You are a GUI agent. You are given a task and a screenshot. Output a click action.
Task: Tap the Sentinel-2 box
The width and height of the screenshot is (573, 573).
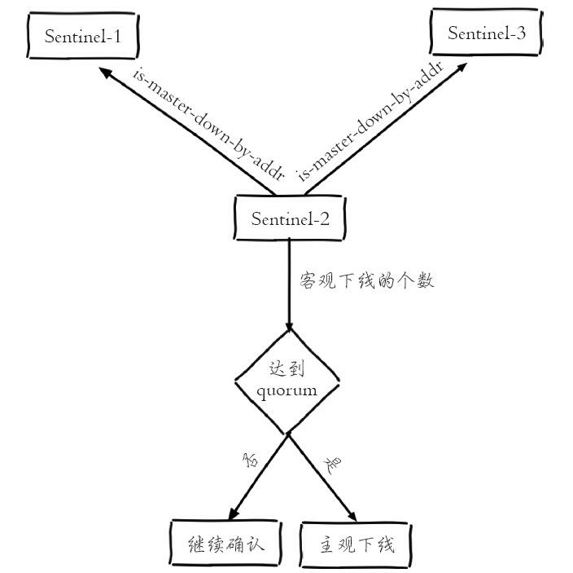pos(289,218)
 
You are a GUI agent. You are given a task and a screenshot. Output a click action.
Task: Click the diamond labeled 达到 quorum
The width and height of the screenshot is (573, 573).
pos(287,381)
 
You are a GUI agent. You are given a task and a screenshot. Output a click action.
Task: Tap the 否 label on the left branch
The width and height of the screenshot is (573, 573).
pos(250,461)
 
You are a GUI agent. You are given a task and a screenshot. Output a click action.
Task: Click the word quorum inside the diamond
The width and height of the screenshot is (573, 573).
pos(287,390)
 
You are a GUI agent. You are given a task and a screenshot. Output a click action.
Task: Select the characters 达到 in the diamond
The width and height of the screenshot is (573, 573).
pos(286,369)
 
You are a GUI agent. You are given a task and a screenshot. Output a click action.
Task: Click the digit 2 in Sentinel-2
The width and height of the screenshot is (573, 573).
pos(326,218)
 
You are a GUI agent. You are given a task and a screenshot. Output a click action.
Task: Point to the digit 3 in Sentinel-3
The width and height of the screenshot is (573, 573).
pos(521,33)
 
